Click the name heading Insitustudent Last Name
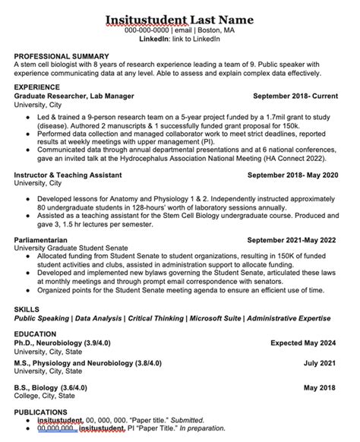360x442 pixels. pyautogui.click(x=180, y=18)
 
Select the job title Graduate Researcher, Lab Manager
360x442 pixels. pyautogui.click(x=74, y=97)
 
